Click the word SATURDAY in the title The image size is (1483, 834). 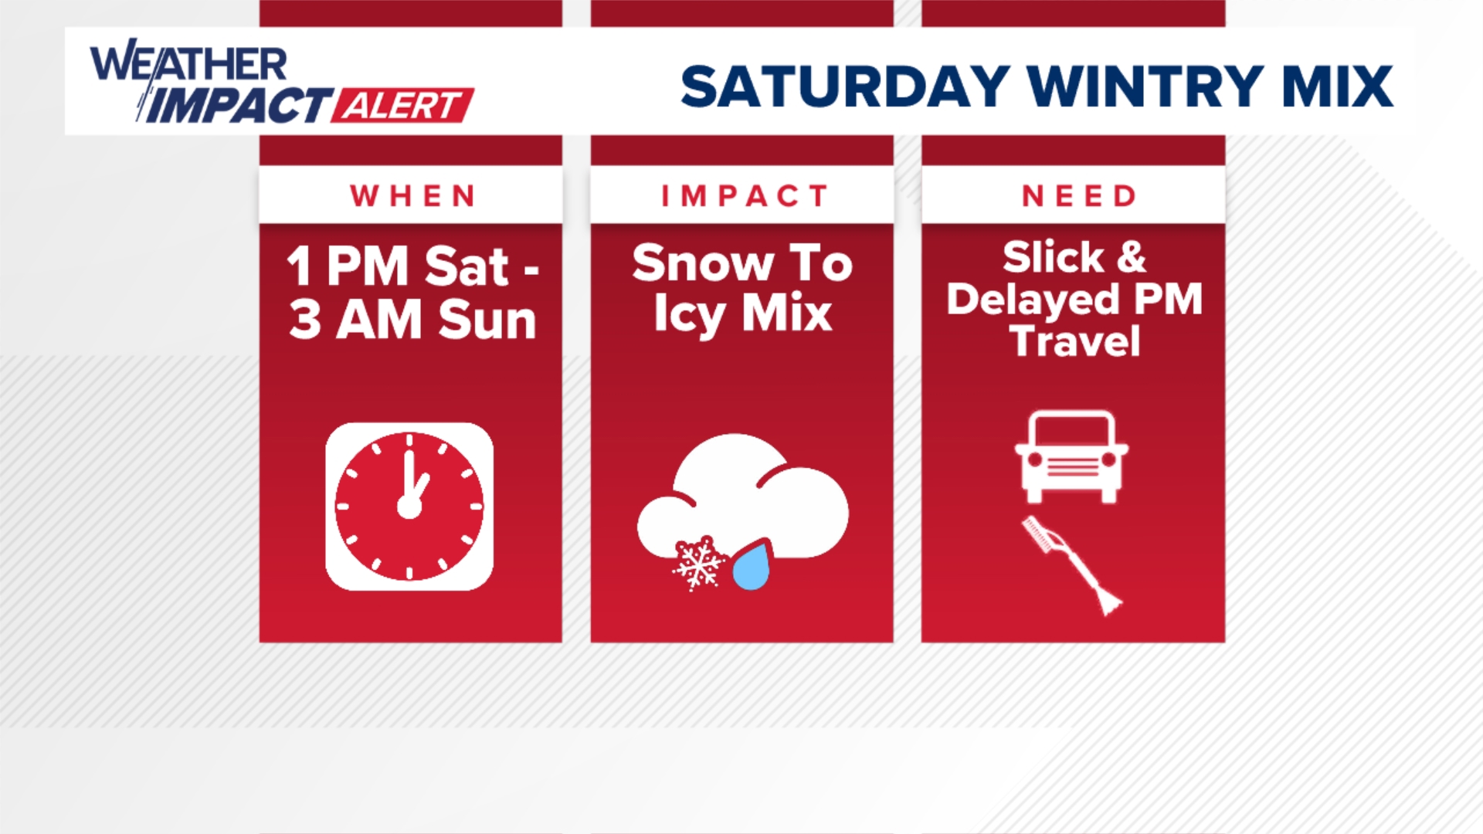click(845, 86)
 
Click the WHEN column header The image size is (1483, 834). click(412, 196)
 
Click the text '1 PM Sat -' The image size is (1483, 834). click(412, 267)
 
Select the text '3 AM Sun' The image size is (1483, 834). click(412, 320)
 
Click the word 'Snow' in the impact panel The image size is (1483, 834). click(702, 263)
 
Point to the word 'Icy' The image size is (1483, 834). click(689, 315)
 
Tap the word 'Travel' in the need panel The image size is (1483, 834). click(1074, 341)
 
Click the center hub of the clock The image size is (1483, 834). click(409, 507)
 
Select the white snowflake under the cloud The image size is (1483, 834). click(698, 564)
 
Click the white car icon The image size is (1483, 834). click(1071, 457)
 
